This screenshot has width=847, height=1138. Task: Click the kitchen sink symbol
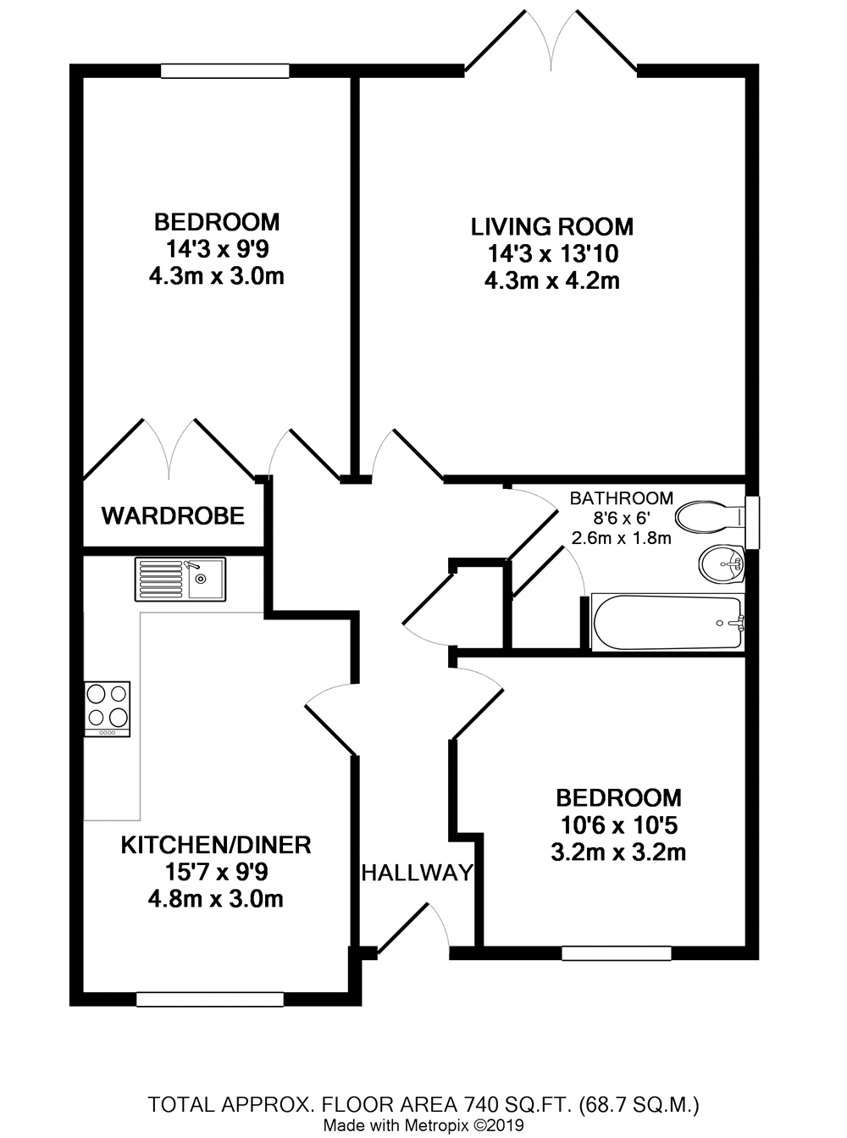pyautogui.click(x=180, y=579)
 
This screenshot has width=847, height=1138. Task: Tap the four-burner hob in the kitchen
pyautogui.click(x=107, y=708)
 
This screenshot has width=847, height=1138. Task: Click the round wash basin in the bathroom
pyautogui.click(x=721, y=563)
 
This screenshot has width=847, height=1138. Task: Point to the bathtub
pyautogui.click(x=667, y=623)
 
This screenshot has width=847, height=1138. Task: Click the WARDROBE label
pyautogui.click(x=173, y=515)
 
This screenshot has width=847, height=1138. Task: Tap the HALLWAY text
pyautogui.click(x=417, y=873)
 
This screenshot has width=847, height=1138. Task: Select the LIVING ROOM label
pyautogui.click(x=551, y=226)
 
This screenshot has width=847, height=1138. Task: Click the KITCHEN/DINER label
pyautogui.click(x=216, y=845)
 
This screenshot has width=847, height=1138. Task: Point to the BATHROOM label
pyautogui.click(x=621, y=498)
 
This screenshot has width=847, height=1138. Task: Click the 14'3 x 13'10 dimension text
pyautogui.click(x=552, y=253)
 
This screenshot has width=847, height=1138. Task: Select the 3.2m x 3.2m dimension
pyautogui.click(x=618, y=852)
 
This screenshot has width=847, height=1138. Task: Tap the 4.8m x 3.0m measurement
pyautogui.click(x=216, y=899)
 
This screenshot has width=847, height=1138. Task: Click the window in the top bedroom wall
pyautogui.click(x=224, y=72)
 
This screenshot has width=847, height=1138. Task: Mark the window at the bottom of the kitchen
pyautogui.click(x=209, y=1000)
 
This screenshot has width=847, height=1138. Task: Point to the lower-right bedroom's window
pyautogui.click(x=616, y=953)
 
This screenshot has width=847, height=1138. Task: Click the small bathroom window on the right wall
pyautogui.click(x=752, y=522)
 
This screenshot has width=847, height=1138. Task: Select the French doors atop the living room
pyautogui.click(x=551, y=42)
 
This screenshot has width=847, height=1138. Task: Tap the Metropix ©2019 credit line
pyautogui.click(x=423, y=1126)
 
